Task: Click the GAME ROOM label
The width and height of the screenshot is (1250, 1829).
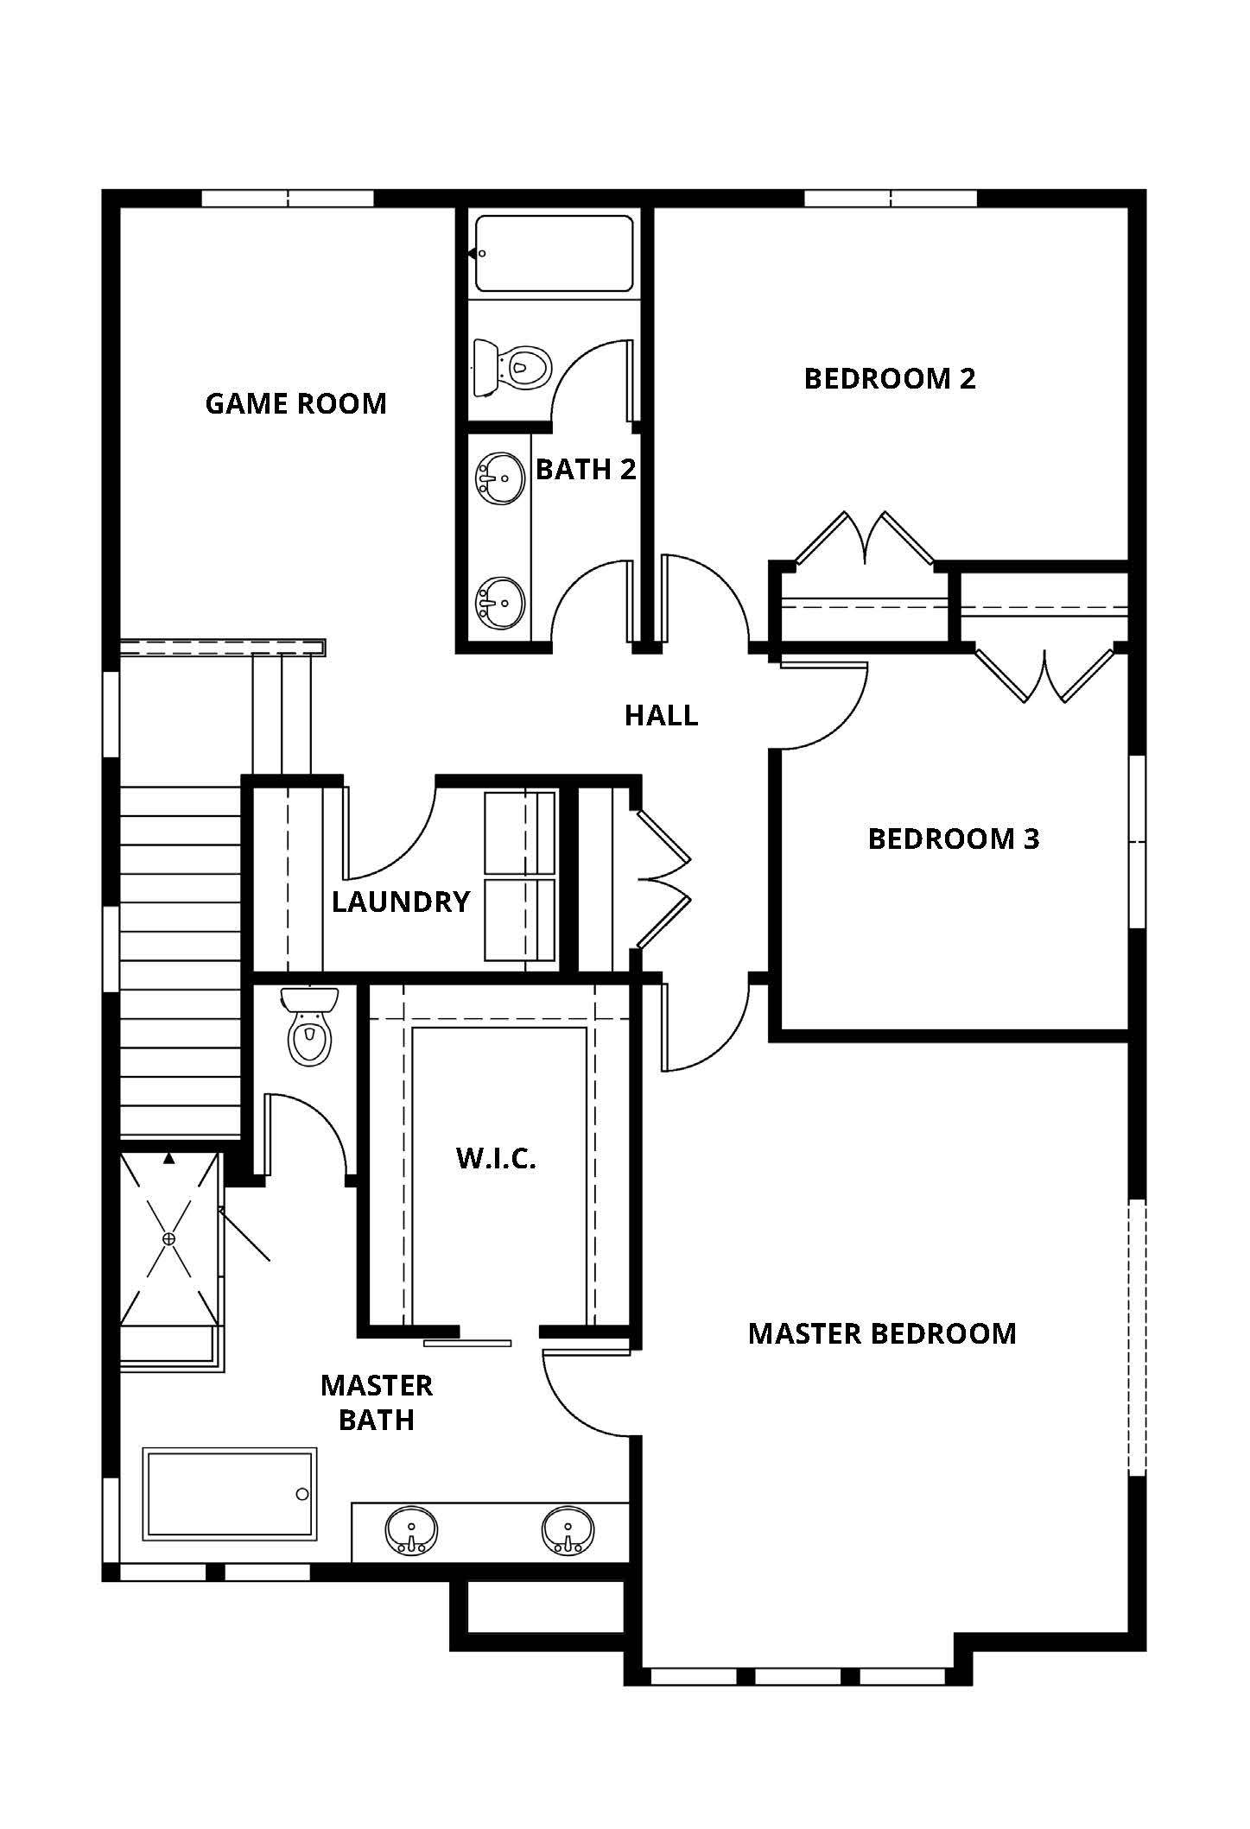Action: pyautogui.click(x=295, y=403)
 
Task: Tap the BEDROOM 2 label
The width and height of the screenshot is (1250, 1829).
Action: pyautogui.click(x=890, y=378)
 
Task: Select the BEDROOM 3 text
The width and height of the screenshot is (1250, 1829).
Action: pyautogui.click(x=954, y=839)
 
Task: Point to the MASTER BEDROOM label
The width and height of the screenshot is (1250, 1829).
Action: pyautogui.click(x=882, y=1333)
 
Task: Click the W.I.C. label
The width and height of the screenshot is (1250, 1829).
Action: pyautogui.click(x=496, y=1158)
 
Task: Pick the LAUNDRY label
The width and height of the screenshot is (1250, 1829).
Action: pyautogui.click(x=401, y=902)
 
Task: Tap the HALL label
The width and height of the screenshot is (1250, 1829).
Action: pyautogui.click(x=662, y=715)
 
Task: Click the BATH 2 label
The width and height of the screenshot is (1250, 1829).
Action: pyautogui.click(x=586, y=469)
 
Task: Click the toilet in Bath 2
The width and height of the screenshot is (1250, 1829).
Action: pyautogui.click(x=511, y=366)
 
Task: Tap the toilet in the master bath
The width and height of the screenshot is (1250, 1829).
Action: pyautogui.click(x=309, y=1026)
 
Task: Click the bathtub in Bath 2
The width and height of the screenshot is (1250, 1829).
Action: pyautogui.click(x=554, y=254)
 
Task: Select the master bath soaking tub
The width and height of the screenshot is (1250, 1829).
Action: pyautogui.click(x=229, y=1493)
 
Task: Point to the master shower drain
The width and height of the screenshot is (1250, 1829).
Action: pyautogui.click(x=168, y=1238)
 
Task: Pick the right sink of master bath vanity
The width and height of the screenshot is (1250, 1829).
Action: pyautogui.click(x=568, y=1530)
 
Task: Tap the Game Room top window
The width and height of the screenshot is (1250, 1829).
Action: pyautogui.click(x=288, y=199)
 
